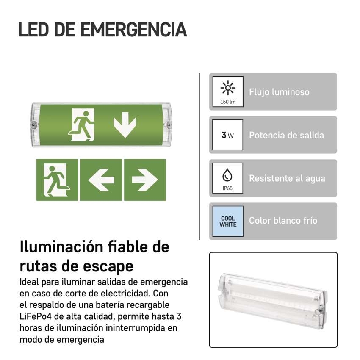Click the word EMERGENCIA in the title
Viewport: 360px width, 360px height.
[133, 30]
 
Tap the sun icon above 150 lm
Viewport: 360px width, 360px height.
[228, 88]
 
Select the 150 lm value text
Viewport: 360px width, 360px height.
[228, 102]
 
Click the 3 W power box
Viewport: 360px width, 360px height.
[227, 135]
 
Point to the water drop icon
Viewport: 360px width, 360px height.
[227, 175]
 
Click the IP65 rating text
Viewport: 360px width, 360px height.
[227, 188]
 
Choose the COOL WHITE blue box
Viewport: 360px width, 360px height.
[228, 222]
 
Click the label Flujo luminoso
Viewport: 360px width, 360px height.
[279, 92]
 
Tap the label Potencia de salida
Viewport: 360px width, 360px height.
[287, 135]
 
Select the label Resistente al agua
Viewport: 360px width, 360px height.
[287, 179]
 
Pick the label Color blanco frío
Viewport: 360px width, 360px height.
[283, 221]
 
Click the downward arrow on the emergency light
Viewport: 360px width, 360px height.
[125, 125]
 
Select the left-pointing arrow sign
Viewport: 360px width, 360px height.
[101, 180]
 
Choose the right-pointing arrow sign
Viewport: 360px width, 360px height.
[145, 180]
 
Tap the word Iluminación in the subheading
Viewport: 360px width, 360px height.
[61, 247]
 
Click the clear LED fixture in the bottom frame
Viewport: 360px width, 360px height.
[273, 300]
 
